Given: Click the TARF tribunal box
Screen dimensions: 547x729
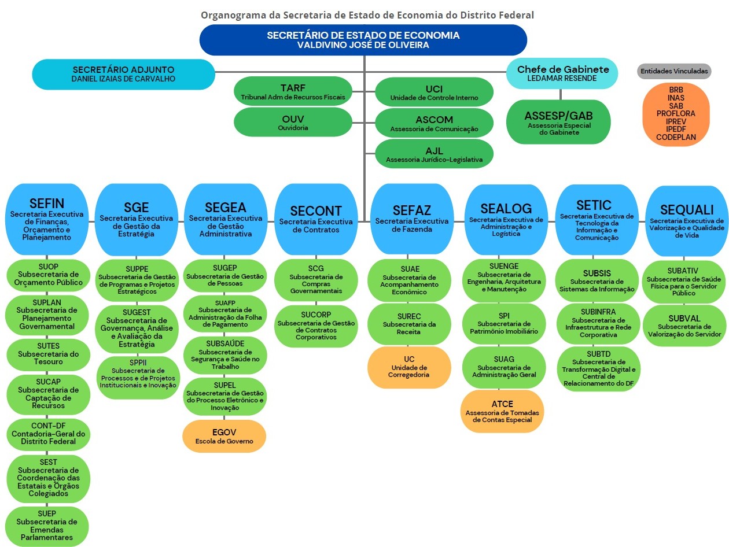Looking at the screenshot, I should (x=293, y=91).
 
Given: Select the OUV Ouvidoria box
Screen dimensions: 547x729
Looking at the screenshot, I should (x=293, y=122).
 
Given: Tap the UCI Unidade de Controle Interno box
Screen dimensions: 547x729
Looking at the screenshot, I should (x=434, y=92).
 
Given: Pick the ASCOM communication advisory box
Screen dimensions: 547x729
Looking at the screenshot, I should (x=434, y=123).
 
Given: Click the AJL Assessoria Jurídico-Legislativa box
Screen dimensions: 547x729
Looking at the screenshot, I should (x=434, y=154).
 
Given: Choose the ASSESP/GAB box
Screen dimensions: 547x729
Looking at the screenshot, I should (x=558, y=122).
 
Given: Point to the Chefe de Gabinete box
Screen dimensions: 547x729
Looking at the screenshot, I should (x=562, y=73).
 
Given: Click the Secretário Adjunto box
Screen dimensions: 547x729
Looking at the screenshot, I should (x=123, y=74).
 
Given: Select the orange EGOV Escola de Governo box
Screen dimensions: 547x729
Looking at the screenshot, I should (x=224, y=436).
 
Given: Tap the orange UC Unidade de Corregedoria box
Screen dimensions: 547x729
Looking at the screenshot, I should (x=410, y=367).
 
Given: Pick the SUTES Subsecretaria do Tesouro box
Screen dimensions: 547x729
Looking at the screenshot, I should (x=49, y=353).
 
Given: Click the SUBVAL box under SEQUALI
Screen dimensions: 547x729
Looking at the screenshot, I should (x=684, y=326).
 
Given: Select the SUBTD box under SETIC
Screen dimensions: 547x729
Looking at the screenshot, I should (x=598, y=368).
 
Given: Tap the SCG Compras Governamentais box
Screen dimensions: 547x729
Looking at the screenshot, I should (x=316, y=280).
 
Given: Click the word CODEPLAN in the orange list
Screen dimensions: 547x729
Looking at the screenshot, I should (x=676, y=138).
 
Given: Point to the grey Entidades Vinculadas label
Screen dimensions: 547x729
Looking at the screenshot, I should (x=673, y=71).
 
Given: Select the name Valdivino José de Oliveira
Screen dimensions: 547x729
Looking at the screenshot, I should (x=363, y=45).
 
